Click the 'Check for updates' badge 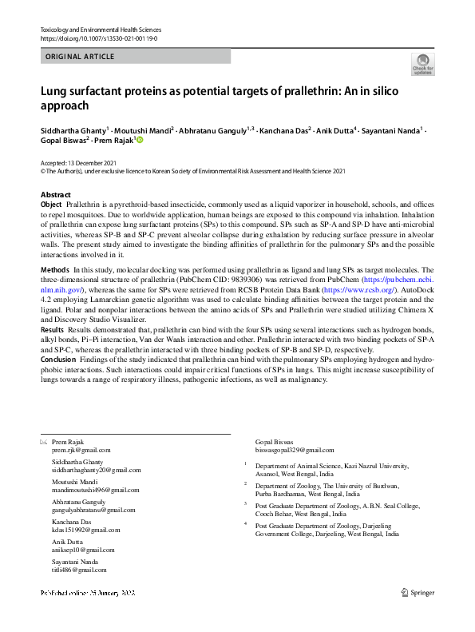[x=422, y=64]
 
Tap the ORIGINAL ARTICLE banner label [x=80, y=57]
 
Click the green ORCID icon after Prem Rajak [x=140, y=140]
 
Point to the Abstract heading [x=55, y=195]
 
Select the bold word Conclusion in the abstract [x=61, y=359]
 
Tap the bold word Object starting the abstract [x=51, y=205]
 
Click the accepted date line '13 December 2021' [x=73, y=162]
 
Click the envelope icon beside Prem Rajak [x=43, y=442]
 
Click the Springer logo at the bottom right [x=416, y=592]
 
